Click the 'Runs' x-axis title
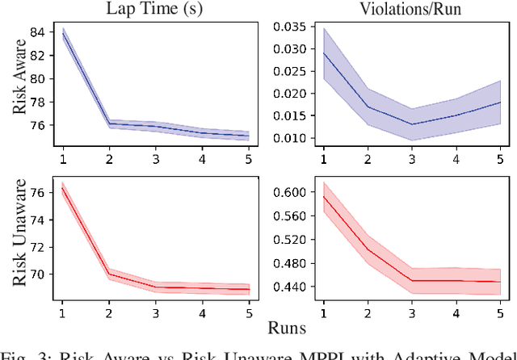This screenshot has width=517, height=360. tap(287, 328)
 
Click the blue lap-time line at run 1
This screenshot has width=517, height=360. tap(62, 33)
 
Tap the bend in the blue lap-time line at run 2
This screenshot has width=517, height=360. tap(109, 123)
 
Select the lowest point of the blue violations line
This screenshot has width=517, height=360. tap(411, 124)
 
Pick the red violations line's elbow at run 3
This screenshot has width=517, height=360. tap(411, 281)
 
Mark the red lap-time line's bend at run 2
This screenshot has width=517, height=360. tap(109, 274)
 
